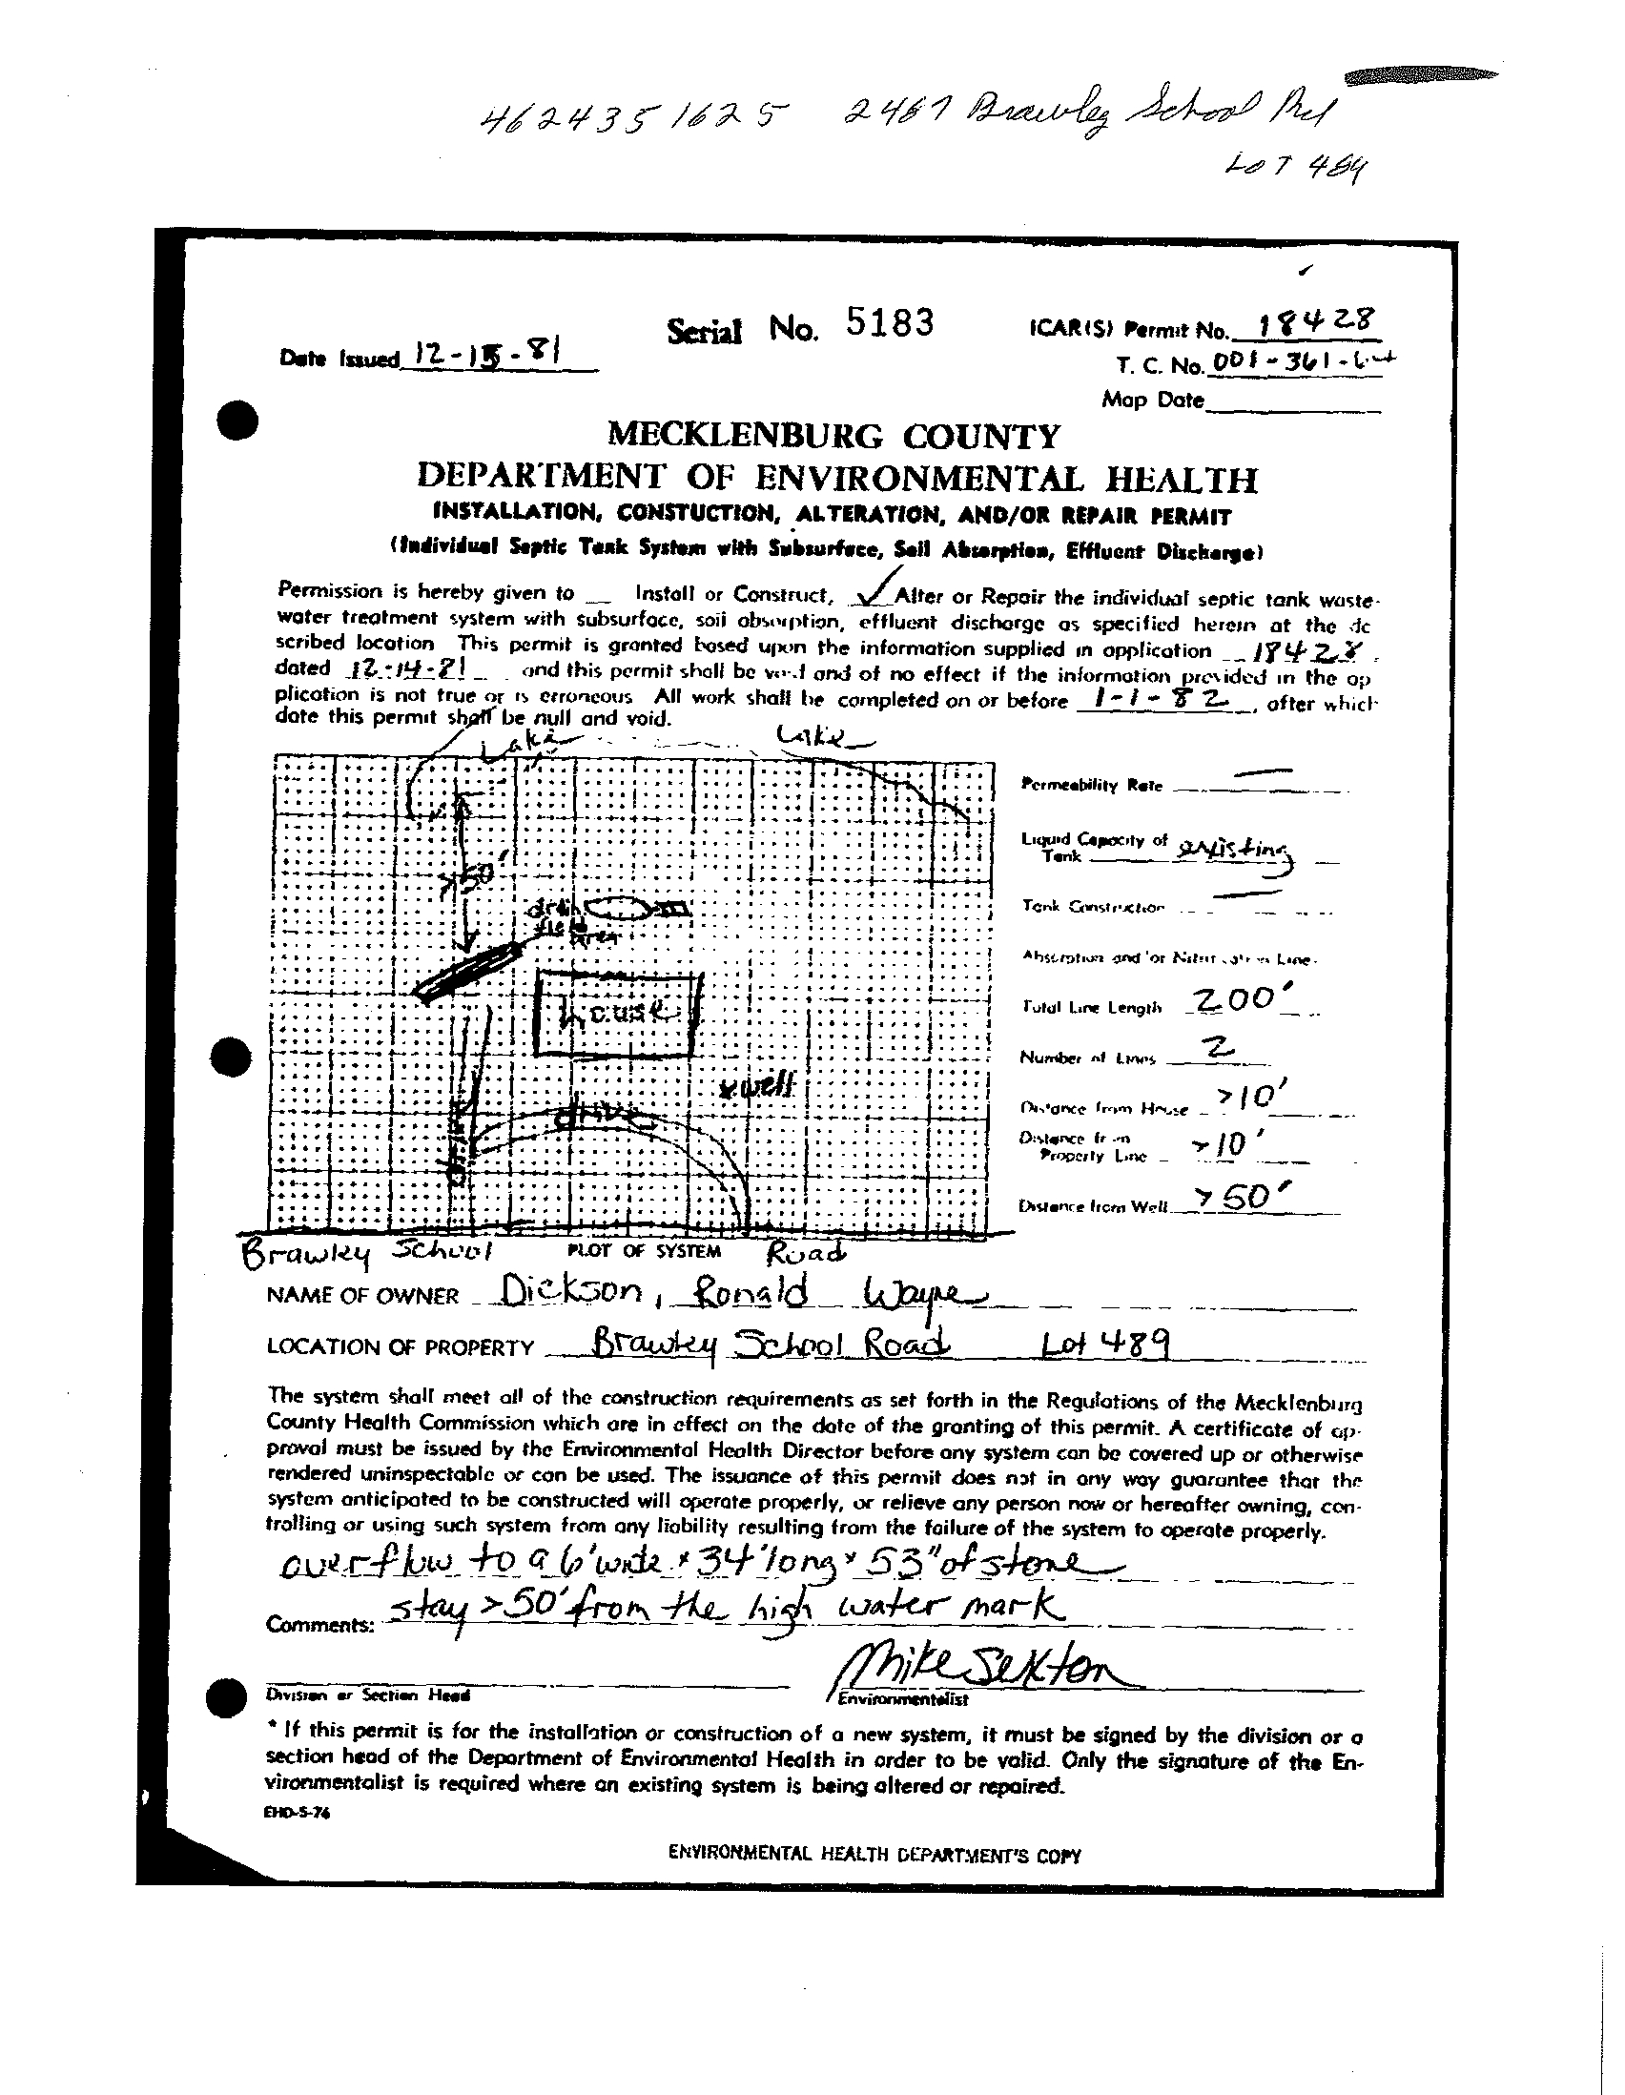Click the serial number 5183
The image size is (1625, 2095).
pos(890,324)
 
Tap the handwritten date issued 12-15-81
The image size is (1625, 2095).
pos(484,356)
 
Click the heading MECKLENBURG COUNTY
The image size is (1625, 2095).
pos(834,437)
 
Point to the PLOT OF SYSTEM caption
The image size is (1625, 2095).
pos(637,1251)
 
